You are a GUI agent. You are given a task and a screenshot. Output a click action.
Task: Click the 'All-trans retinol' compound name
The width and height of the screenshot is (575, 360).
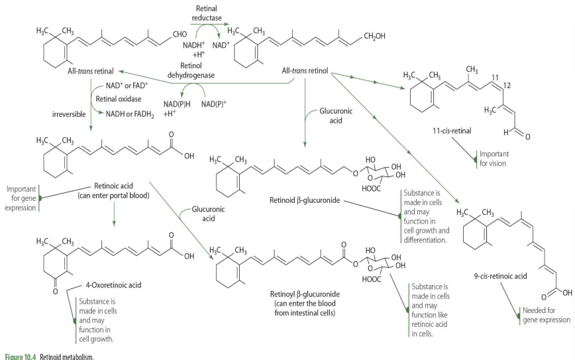tap(305, 70)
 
